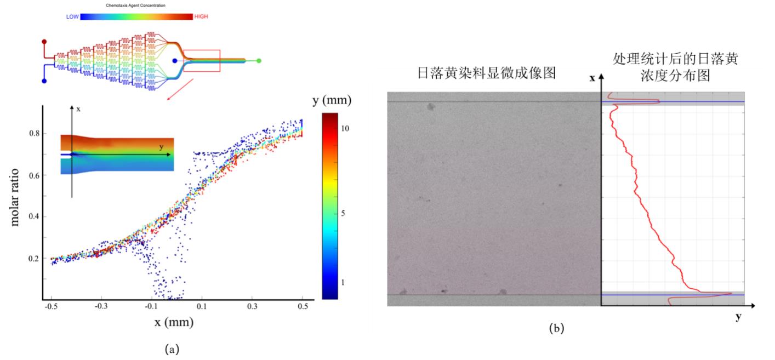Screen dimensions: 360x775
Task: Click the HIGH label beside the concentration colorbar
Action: coord(201,17)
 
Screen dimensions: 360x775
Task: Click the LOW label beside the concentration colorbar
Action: coord(72,17)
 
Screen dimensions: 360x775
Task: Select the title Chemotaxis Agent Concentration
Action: coord(136,5)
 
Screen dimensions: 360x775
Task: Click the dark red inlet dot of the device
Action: coord(44,42)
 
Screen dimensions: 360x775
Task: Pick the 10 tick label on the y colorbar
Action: coord(346,128)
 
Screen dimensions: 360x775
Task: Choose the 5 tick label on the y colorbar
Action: coord(344,213)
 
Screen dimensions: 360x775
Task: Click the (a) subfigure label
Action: coord(171,348)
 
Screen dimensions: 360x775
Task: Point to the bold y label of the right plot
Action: coord(738,316)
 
